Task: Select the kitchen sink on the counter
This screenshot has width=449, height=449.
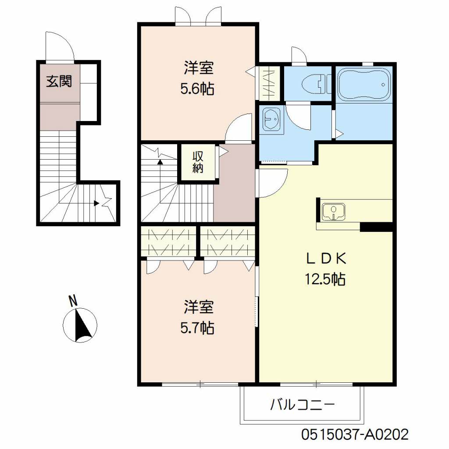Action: [333, 212]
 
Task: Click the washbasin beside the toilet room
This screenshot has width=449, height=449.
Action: [271, 120]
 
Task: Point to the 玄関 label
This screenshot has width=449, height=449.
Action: [59, 81]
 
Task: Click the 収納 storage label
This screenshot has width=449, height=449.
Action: [198, 162]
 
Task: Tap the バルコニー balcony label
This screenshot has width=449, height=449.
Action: [303, 405]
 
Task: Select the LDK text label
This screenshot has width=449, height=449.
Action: [326, 259]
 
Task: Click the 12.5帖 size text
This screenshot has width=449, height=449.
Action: [325, 279]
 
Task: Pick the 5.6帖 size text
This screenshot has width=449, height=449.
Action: [197, 89]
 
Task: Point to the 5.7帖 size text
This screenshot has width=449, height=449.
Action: [197, 328]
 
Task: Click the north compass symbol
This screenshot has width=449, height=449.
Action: [80, 325]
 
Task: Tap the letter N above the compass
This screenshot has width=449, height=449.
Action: [73, 301]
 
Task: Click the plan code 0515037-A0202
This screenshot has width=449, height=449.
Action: [355, 434]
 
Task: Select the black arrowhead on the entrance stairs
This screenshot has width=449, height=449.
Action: [96, 203]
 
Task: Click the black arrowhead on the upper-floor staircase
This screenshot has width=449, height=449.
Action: [160, 162]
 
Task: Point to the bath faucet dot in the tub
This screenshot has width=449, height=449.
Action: [383, 85]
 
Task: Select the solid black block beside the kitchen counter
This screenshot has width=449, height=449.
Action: [376, 227]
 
